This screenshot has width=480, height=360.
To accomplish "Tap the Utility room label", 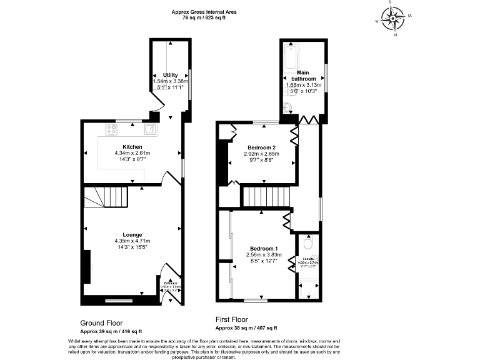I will pos(171,75).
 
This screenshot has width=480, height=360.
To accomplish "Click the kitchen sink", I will pos(150,129).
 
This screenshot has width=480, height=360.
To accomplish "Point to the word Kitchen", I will pos(132,147).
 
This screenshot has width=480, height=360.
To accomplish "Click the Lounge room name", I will pos(132,235).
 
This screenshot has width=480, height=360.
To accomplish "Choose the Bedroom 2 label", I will pos(261,147).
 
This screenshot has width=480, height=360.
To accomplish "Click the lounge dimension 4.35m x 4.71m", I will pos(132,241).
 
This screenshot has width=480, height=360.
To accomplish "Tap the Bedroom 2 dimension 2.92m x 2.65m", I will pos(261,153).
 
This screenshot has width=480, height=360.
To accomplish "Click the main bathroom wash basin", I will pos(288,106).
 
